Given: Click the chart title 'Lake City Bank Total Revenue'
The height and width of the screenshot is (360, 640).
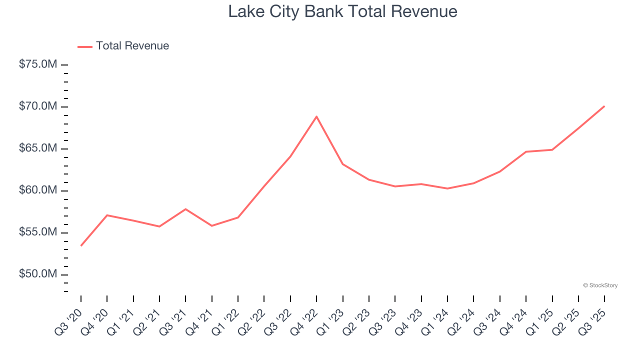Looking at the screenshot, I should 342,11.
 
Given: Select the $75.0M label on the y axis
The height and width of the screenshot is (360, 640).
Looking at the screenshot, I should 38,65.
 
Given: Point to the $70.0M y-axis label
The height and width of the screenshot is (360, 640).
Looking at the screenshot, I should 38,107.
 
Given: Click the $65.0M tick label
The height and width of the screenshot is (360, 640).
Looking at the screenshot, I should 38,149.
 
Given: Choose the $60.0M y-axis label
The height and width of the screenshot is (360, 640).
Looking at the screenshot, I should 38,190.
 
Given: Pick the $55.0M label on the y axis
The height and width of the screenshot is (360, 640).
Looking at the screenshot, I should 38,232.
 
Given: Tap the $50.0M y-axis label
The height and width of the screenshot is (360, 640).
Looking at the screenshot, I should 38,274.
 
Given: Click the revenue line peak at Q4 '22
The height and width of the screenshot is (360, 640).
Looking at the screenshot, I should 316,116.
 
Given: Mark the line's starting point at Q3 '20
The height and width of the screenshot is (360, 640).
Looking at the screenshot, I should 81,245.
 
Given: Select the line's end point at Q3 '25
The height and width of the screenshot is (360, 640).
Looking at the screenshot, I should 604,106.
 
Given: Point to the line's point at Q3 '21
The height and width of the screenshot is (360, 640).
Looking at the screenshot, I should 185,209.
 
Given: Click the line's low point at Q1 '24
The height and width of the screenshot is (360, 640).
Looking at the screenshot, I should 447,188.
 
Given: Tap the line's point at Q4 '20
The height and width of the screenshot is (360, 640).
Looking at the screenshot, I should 107,215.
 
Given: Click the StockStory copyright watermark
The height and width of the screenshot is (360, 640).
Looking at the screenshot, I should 600,285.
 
